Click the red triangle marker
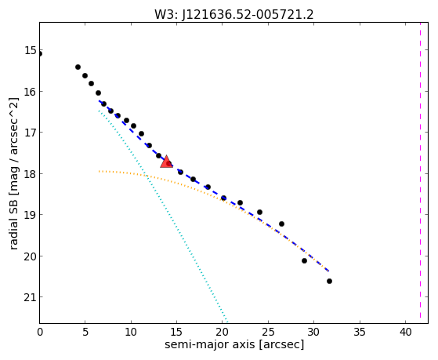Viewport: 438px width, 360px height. [x=166, y=162]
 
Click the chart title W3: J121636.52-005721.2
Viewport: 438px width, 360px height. [x=234, y=15]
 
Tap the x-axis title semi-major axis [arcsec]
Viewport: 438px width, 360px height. [x=234, y=344]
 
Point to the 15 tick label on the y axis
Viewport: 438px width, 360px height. [x=31, y=51]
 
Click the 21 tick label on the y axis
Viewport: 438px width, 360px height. [x=31, y=297]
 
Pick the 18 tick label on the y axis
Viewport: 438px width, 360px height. [x=31, y=173]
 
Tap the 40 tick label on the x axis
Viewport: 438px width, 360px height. [x=405, y=333]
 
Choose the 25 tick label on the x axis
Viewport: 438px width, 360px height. [x=268, y=333]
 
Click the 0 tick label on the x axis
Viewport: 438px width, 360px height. [x=40, y=333]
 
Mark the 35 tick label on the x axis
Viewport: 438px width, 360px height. [x=360, y=333]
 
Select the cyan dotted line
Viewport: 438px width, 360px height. [x=163, y=216]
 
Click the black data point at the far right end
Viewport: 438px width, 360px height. [x=329, y=281]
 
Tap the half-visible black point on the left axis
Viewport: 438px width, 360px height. [x=40, y=53]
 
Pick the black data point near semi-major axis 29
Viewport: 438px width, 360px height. [x=304, y=260]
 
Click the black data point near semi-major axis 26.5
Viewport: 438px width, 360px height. [x=281, y=224]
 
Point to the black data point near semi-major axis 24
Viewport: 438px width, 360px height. [x=259, y=212]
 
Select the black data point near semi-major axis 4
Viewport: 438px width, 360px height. [x=78, y=67]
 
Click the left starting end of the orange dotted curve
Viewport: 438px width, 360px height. [x=100, y=171]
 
